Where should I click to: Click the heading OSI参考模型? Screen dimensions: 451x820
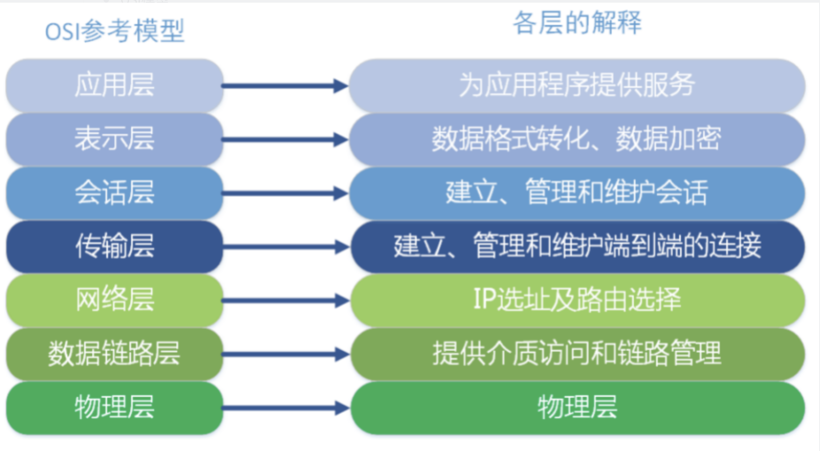[115, 31]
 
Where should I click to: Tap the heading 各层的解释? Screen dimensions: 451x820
[577, 23]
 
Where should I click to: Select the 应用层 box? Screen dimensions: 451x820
[114, 85]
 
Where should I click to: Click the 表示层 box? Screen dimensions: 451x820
[114, 139]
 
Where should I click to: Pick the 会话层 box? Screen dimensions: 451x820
[114, 193]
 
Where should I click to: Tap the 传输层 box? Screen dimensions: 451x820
[114, 246]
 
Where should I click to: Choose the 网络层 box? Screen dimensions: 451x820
[114, 300]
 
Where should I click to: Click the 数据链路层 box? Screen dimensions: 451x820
[114, 354]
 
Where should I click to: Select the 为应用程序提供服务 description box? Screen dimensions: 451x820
[577, 85]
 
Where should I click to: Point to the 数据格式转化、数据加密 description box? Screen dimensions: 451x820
[577, 139]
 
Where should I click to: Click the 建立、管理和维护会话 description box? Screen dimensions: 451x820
[577, 193]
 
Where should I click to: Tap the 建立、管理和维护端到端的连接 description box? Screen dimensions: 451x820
[577, 246]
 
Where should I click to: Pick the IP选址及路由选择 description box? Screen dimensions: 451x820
[577, 300]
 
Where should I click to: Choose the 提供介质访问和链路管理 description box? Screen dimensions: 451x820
[577, 354]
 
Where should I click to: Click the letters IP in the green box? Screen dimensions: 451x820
[484, 299]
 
